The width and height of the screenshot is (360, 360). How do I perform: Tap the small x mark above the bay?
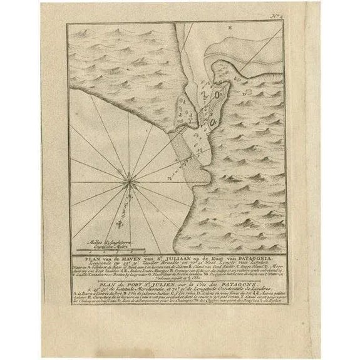click(230, 29)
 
